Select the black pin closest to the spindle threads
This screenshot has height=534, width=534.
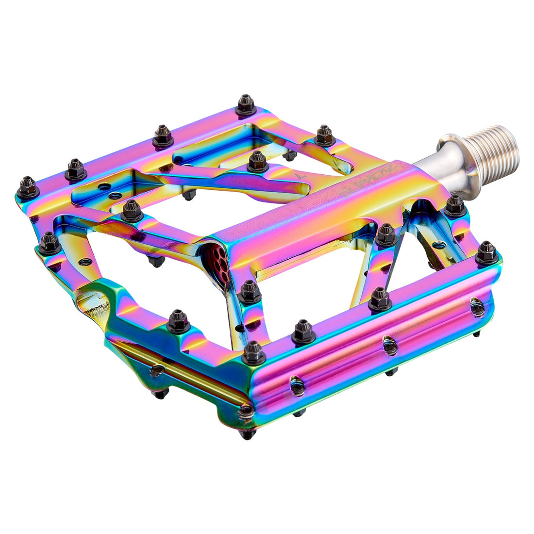pyautogui.click(x=455, y=205)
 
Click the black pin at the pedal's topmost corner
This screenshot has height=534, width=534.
pyautogui.click(x=246, y=105)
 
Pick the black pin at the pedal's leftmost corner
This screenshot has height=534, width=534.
pyautogui.click(x=27, y=187)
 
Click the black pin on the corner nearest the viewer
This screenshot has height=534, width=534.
pyautogui.click(x=253, y=352)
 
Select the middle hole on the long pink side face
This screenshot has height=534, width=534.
pyautogui.click(x=389, y=345)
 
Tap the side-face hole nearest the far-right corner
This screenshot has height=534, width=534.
pyautogui.click(x=477, y=307)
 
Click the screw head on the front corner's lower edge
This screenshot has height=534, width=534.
pyautogui.click(x=245, y=412)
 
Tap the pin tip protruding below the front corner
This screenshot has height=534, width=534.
pyautogui.click(x=248, y=434)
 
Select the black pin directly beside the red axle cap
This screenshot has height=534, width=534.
pyautogui.click(x=250, y=292)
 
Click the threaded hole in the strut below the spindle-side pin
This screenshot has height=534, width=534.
pyautogui.click(x=439, y=245)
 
